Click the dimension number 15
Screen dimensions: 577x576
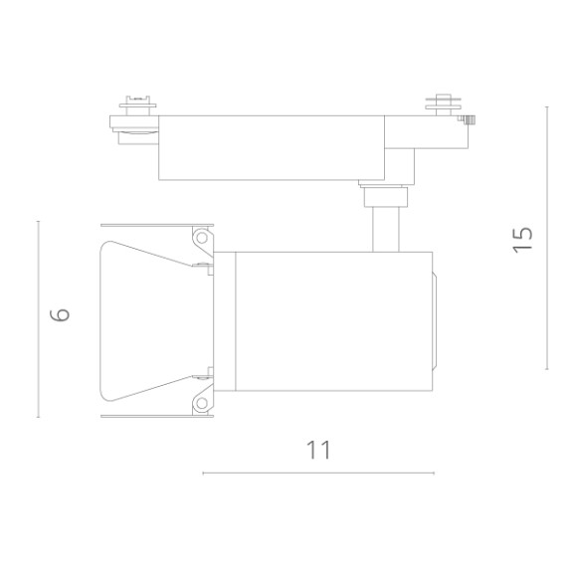point(523,239)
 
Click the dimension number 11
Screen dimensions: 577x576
point(318,450)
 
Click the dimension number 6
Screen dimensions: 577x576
point(61,315)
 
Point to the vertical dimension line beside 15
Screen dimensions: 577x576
point(546,239)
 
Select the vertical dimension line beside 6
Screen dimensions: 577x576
point(39,318)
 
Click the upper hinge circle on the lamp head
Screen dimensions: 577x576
point(202,239)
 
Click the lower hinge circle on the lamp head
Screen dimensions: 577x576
point(202,403)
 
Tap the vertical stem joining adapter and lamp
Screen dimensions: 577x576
point(385,228)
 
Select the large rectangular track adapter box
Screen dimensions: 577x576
point(271,147)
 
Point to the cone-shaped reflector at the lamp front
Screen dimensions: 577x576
point(149,320)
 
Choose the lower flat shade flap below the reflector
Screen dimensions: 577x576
point(156,416)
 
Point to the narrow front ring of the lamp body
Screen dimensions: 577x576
point(228,320)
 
